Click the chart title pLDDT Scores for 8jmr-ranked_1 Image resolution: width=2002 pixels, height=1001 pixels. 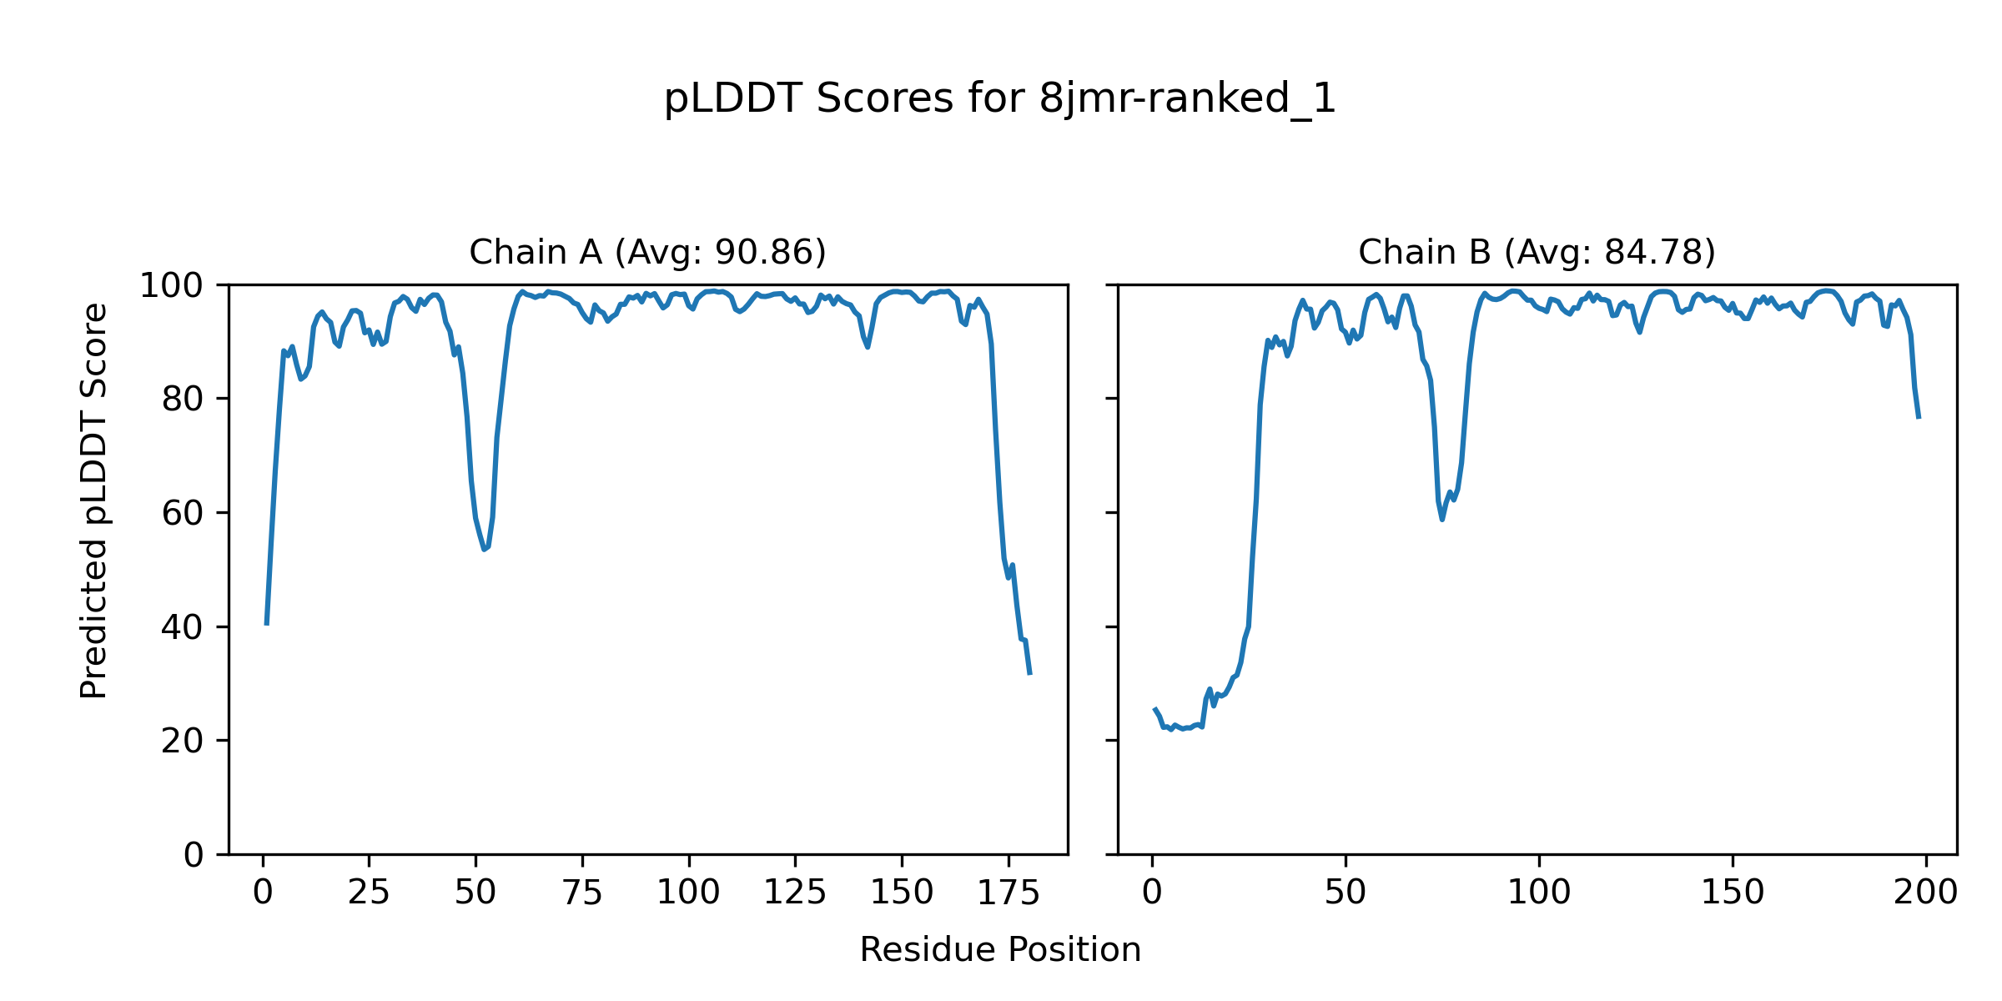click(999, 99)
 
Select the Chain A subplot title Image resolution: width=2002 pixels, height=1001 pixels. click(647, 252)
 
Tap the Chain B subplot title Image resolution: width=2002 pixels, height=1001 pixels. click(1537, 252)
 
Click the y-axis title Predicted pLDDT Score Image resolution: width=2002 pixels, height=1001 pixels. click(93, 500)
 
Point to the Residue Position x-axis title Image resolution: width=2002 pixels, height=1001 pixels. click(999, 950)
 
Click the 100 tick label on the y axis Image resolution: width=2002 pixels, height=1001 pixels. click(171, 286)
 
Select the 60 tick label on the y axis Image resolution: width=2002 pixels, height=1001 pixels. click(182, 514)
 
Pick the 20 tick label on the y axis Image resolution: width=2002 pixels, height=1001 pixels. click(182, 742)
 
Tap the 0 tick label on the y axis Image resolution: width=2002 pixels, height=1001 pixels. click(194, 855)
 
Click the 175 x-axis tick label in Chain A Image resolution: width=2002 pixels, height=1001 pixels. click(1008, 893)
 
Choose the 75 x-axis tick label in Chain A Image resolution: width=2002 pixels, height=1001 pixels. click(581, 893)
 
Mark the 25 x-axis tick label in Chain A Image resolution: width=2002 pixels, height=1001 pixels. click(369, 893)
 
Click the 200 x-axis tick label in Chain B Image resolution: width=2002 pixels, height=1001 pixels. click(1925, 893)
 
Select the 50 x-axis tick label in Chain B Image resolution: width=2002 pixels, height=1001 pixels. click(1345, 893)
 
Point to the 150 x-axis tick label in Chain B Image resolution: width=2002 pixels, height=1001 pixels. click(1732, 893)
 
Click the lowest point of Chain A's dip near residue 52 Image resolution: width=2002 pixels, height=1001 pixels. click(484, 550)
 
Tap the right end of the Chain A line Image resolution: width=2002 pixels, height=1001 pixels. click(1030, 674)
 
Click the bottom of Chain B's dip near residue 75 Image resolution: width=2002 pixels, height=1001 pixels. click(1441, 520)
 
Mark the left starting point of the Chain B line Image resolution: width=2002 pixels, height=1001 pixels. click(1154, 709)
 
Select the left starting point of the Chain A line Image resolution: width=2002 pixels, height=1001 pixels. click(266, 624)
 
